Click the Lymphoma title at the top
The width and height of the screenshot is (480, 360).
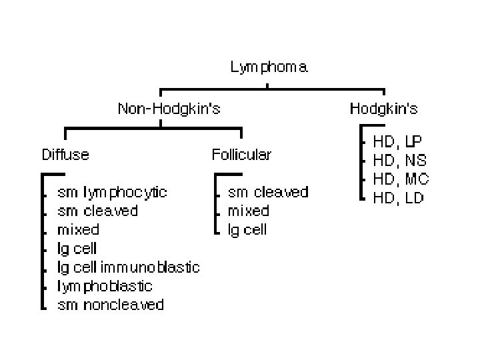269,67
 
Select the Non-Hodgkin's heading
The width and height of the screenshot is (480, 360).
169,109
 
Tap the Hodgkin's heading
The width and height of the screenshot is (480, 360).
383,109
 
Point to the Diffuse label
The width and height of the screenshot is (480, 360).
65,155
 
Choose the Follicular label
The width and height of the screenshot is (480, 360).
241,155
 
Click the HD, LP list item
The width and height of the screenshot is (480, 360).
397,141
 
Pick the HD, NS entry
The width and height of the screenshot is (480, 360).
399,160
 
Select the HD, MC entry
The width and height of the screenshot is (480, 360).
401,179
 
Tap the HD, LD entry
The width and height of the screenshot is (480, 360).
398,198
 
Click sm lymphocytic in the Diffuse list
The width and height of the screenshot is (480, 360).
113,192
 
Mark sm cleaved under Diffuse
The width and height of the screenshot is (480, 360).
98,211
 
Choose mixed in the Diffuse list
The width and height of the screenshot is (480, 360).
78,229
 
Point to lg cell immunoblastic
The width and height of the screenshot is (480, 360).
129,267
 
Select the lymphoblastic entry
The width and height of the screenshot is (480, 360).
105,286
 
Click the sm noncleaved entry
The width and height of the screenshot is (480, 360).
111,305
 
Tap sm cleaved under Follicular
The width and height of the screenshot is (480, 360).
268,192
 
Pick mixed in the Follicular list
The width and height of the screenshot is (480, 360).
248,211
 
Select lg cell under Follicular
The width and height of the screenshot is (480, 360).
247,229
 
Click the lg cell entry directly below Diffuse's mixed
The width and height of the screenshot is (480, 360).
77,249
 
